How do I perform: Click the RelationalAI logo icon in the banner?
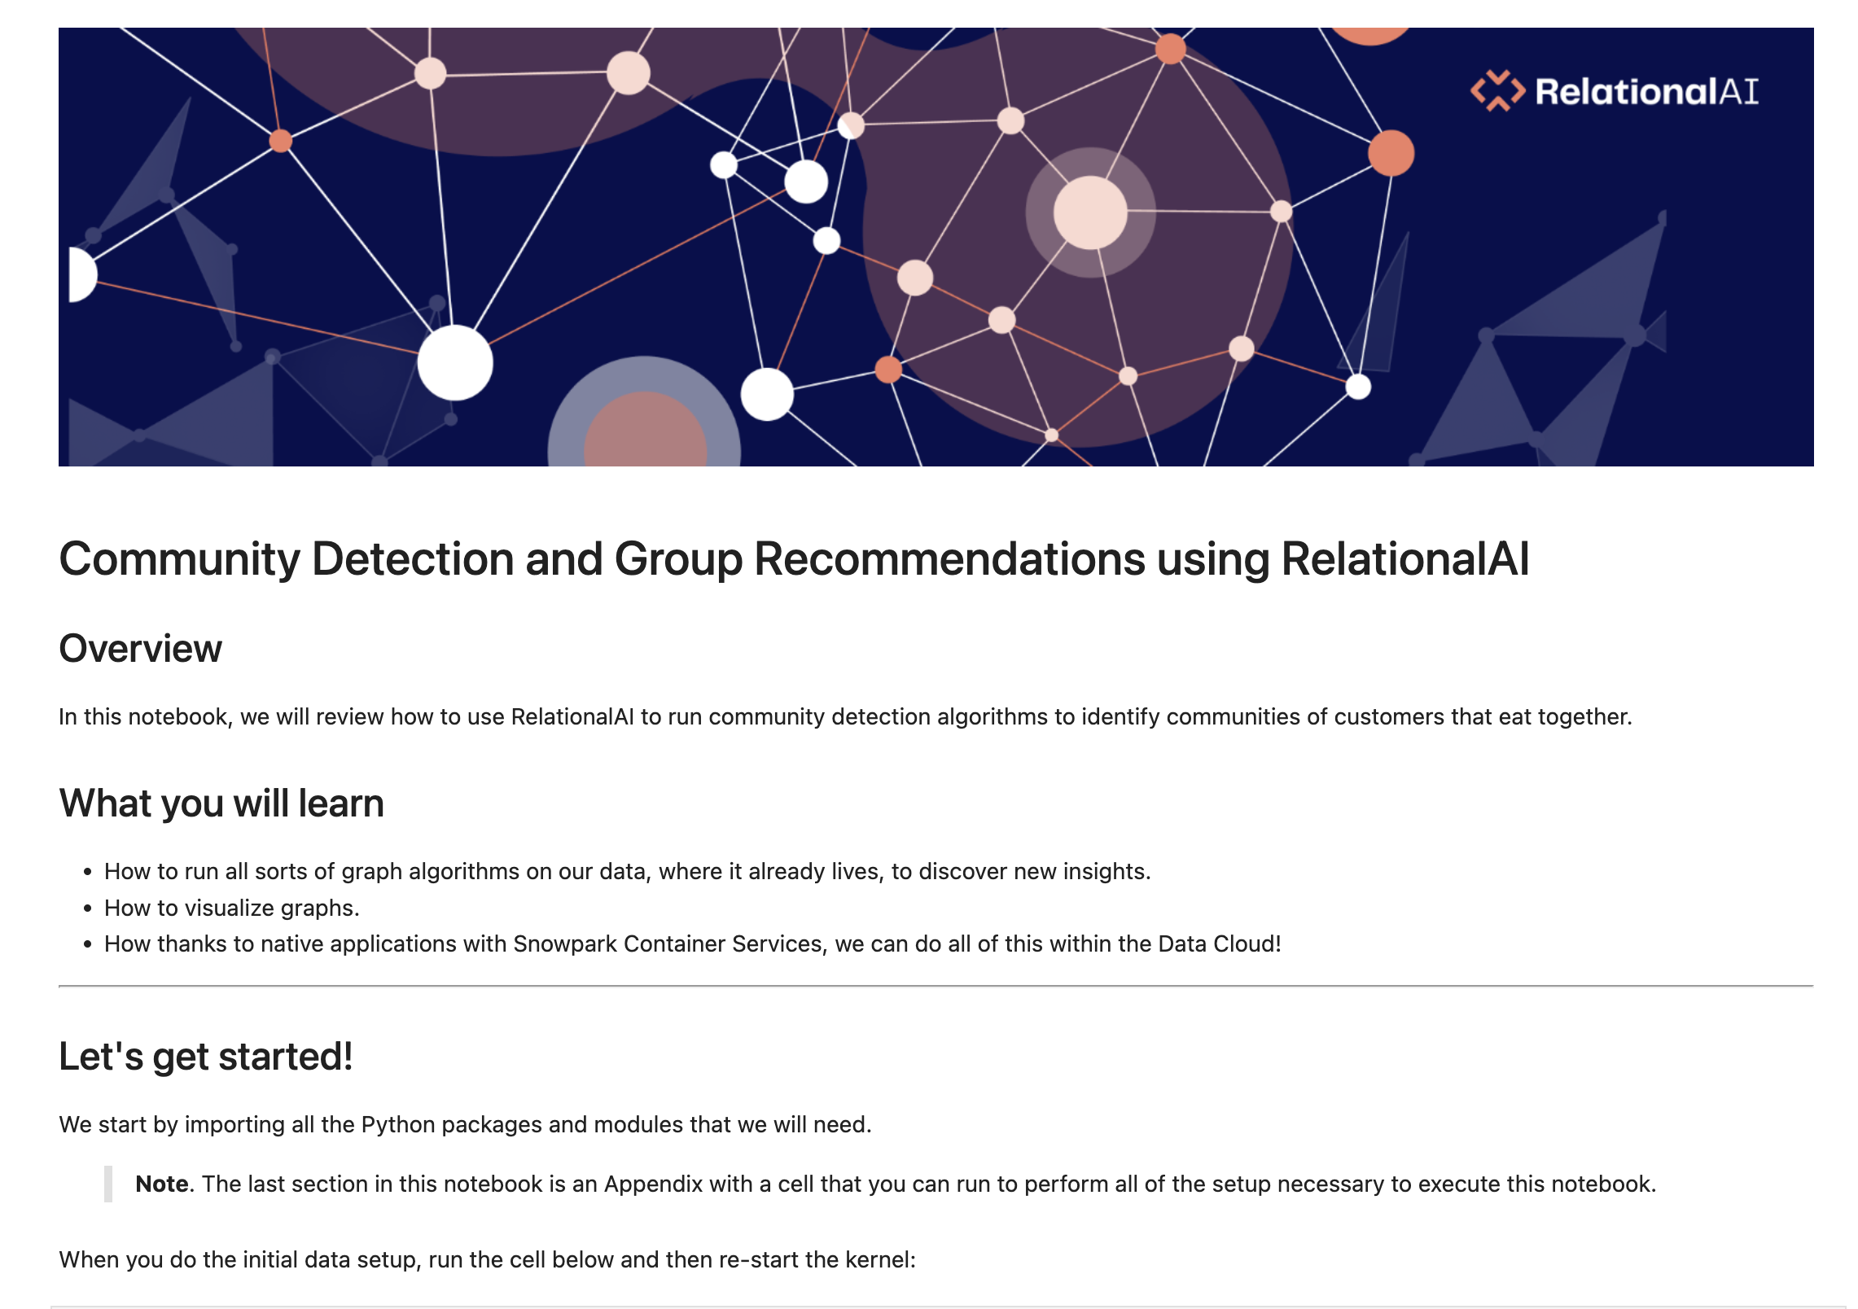(1497, 90)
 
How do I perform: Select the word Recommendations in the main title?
(949, 559)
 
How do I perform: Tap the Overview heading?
(140, 649)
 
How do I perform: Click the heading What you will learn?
(221, 803)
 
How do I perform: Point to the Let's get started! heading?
(206, 1057)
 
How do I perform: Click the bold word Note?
(162, 1184)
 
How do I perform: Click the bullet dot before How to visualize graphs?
(88, 908)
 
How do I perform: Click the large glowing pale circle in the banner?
(1090, 212)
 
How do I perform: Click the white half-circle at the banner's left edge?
(82, 274)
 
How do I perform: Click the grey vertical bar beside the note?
(108, 1184)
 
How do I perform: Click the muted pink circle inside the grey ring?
(645, 429)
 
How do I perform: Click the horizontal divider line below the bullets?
(936, 986)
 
